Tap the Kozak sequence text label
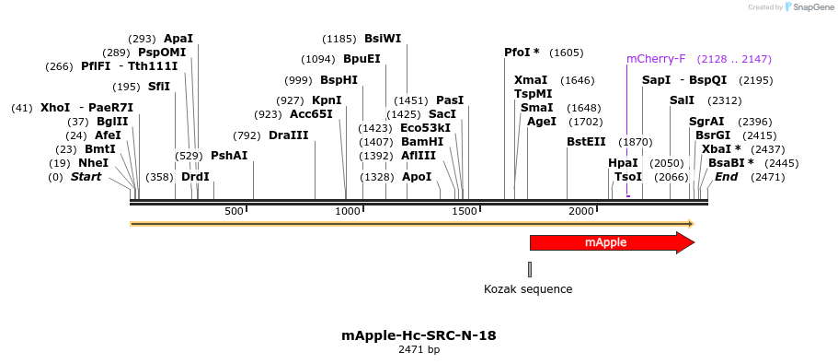point(528,289)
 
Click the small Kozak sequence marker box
point(530,269)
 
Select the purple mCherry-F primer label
point(656,59)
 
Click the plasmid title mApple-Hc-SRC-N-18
point(419,335)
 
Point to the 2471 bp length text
point(419,350)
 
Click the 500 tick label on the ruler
point(234,212)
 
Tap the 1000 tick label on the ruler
point(348,212)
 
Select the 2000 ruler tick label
point(581,212)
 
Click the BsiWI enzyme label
point(383,39)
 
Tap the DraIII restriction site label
point(289,135)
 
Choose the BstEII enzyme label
point(586,142)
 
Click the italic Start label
point(86,176)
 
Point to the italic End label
point(726,176)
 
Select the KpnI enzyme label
point(327,100)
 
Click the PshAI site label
point(229,156)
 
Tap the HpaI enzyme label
point(623,162)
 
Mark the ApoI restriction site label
point(417,176)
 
